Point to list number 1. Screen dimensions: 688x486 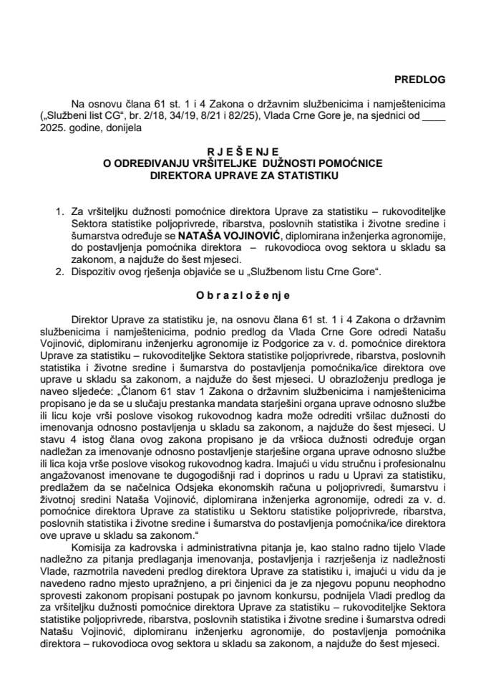click(59, 212)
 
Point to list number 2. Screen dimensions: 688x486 click(59, 273)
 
